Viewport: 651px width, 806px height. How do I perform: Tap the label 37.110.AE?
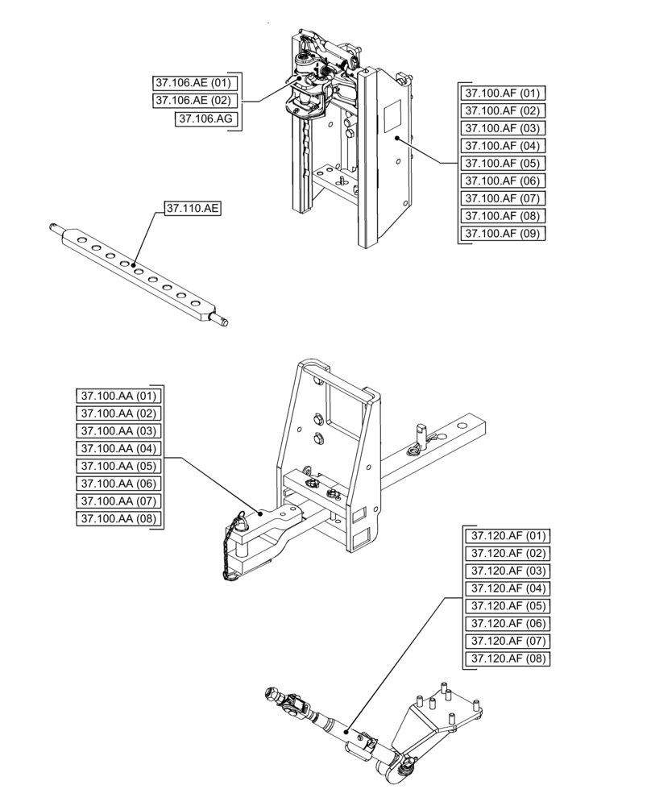pyautogui.click(x=193, y=208)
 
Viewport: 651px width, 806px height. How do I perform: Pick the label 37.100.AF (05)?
pyautogui.click(x=501, y=164)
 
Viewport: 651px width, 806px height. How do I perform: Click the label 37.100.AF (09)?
pyautogui.click(x=501, y=234)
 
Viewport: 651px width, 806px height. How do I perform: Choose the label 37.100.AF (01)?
pyautogui.click(x=501, y=93)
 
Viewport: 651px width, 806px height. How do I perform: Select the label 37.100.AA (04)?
pyautogui.click(x=119, y=448)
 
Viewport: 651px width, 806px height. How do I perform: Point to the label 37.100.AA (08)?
pyautogui.click(x=119, y=519)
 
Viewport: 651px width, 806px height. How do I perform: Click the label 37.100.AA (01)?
pyautogui.click(x=119, y=396)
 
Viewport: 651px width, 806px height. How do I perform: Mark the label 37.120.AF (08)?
pyautogui.click(x=508, y=659)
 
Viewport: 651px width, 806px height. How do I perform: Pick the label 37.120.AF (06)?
pyautogui.click(x=508, y=624)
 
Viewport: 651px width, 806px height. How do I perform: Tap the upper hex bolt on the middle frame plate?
pyautogui.click(x=317, y=418)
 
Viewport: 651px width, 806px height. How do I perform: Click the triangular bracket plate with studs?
pyautogui.click(x=439, y=720)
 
